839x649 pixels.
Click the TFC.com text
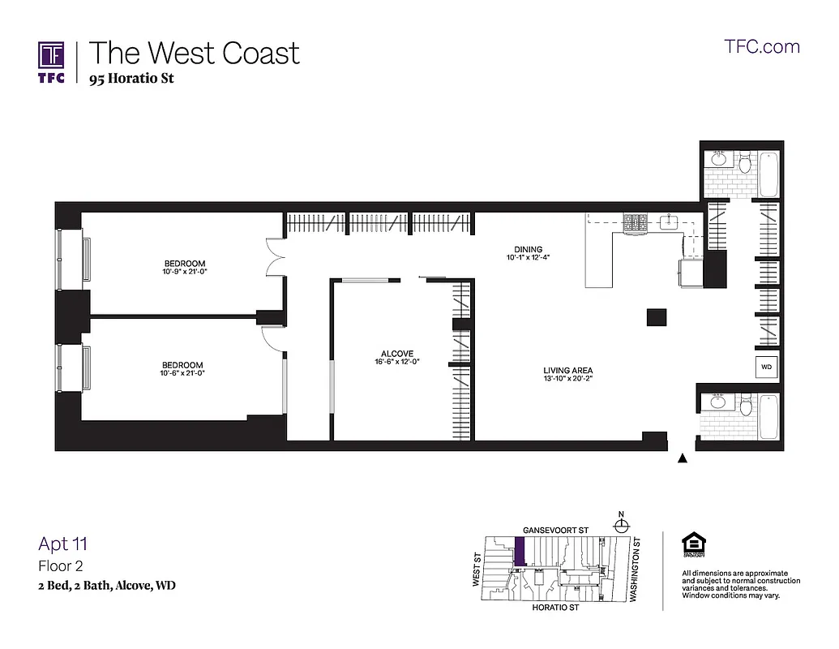tap(761, 46)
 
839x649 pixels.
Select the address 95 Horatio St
tap(132, 79)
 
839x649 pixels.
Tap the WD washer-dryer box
tap(766, 367)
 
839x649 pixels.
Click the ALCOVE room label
tap(397, 354)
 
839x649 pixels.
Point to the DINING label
tap(528, 250)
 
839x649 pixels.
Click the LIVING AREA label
tap(568, 371)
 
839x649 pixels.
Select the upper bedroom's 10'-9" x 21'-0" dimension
tap(185, 272)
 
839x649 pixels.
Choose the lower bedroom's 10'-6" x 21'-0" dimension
tap(182, 374)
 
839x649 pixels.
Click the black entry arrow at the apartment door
tap(682, 459)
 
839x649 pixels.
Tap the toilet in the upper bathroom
tap(744, 159)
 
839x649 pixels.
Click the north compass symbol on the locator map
tap(621, 523)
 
